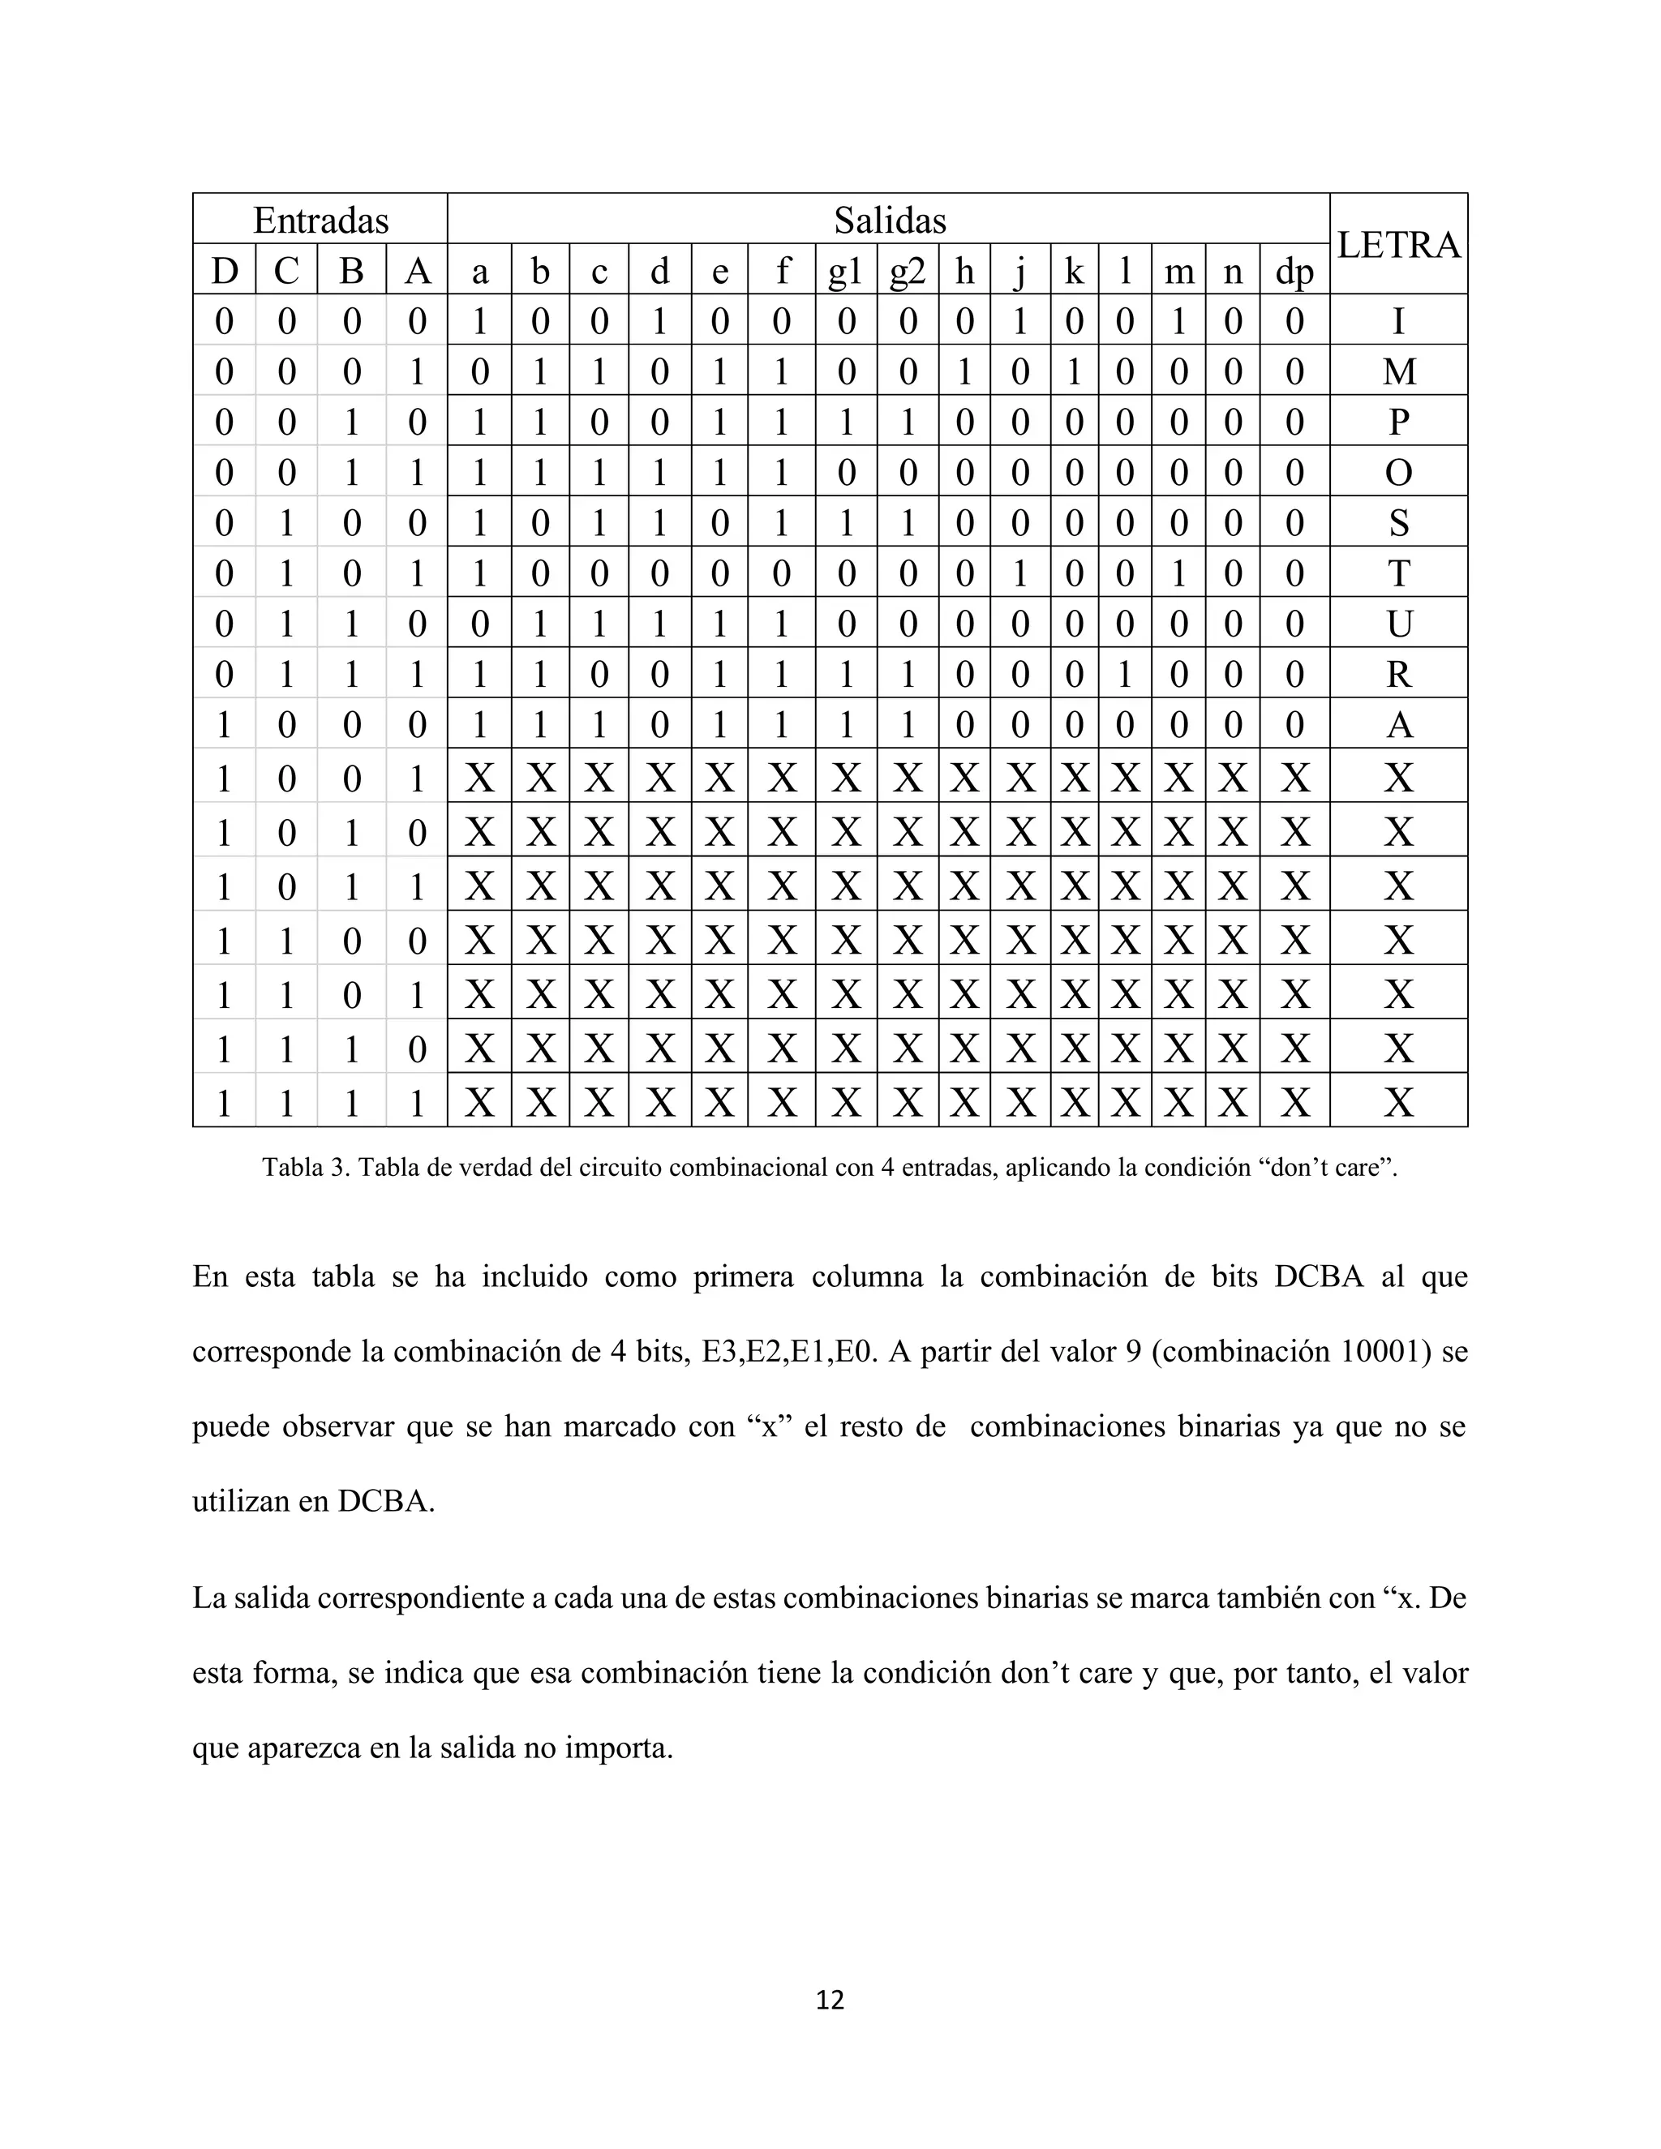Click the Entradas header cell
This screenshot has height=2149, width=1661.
click(x=321, y=221)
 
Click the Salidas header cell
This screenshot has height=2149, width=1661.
click(x=890, y=221)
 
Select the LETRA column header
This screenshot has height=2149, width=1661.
click(x=1398, y=244)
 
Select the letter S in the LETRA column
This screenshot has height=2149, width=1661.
click(x=1398, y=522)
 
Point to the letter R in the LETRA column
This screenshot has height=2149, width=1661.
click(x=1398, y=674)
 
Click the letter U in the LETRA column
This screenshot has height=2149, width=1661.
click(x=1398, y=624)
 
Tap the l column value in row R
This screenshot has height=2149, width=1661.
click(x=1125, y=674)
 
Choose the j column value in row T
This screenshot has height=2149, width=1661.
click(x=1020, y=573)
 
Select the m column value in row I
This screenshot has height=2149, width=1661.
click(x=1178, y=322)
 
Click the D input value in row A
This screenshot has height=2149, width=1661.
click(x=225, y=725)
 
